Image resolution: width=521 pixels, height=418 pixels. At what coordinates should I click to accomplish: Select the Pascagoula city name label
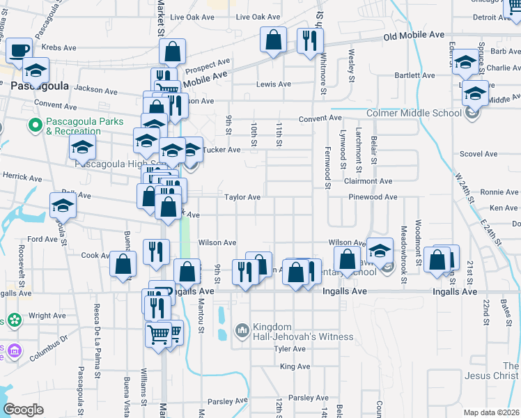point(38,84)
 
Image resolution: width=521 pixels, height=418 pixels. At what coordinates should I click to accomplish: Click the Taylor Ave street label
point(242,197)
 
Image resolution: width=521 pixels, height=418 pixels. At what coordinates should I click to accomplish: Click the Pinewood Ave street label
point(371,197)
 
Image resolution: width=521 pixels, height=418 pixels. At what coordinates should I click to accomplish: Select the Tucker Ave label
point(221,150)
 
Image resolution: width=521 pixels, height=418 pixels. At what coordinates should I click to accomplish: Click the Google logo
point(23,409)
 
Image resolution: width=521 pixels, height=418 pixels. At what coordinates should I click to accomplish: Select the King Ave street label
point(294,366)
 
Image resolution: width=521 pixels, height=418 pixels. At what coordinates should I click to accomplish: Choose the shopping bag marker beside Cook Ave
point(123,265)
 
